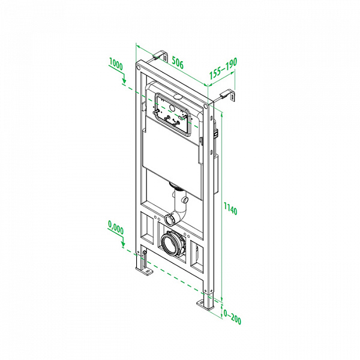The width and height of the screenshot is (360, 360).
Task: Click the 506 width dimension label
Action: point(178,62)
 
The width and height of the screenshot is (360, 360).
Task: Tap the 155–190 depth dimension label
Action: point(223,68)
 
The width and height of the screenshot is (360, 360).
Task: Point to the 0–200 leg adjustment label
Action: point(232,317)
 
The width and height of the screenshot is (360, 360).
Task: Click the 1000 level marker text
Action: point(116,64)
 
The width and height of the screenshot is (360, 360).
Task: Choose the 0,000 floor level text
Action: point(116,227)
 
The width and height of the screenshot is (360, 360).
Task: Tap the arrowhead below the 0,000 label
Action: point(123,245)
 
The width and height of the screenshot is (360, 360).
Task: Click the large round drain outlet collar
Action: point(171,244)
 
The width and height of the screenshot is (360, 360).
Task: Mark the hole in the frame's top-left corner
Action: point(139,67)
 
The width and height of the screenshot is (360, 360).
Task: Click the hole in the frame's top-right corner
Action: point(205,106)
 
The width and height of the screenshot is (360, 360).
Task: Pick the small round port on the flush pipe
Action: point(185,200)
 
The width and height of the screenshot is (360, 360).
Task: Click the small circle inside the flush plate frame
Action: point(171,107)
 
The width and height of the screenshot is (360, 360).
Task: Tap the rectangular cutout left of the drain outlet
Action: point(147,227)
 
